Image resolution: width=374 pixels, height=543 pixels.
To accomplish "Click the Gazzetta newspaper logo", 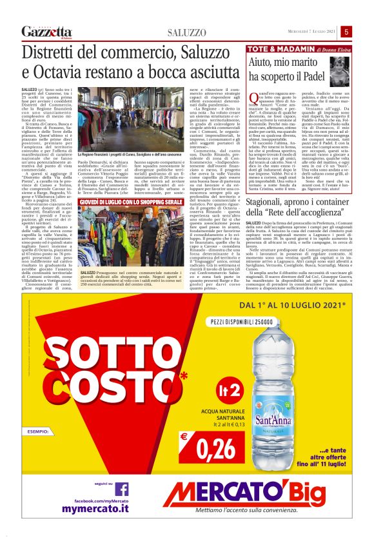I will click(46, 32).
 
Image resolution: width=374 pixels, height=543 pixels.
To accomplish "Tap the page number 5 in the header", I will click(346, 32).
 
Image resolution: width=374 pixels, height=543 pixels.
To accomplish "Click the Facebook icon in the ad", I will click(121, 488).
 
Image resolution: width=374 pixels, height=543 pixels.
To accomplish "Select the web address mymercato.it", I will click(100, 509).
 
